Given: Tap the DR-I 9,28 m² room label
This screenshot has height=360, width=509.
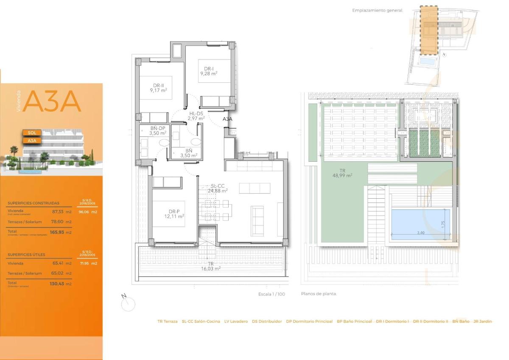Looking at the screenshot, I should pos(209,71).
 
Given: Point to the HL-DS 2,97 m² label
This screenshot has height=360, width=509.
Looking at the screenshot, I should pos(196,115).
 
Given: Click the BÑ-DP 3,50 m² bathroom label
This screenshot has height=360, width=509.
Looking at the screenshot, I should pos(157,130).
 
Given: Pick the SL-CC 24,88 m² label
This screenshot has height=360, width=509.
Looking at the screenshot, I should pos(218,188).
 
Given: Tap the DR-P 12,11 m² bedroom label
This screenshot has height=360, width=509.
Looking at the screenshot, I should pos(175,214).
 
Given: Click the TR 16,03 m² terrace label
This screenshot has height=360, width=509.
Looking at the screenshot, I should pos(211,266).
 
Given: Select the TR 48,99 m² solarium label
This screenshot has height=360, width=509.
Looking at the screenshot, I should pos(342,172).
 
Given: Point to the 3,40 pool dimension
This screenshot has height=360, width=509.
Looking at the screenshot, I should pos(421,233).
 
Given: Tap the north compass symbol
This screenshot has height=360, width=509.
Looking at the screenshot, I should pos(127,303).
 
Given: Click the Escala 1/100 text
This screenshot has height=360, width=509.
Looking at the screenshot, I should pos(271,294).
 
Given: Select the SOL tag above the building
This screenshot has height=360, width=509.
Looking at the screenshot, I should pos(31,132).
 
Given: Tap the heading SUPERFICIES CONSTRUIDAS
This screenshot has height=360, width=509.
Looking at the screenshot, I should pos(34,203).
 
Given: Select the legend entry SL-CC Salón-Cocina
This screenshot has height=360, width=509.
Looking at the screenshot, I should pos(201,321).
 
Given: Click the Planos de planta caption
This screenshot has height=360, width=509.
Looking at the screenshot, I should pos(319,294).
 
